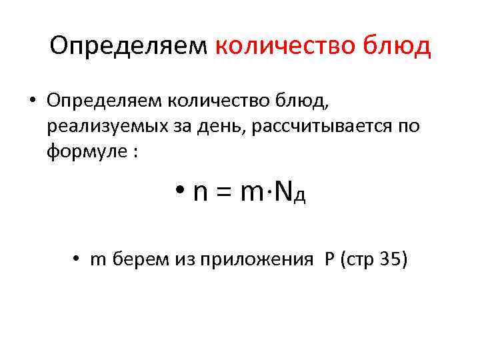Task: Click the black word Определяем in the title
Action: (x=129, y=47)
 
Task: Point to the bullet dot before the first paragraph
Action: (x=31, y=101)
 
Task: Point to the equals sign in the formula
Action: (x=224, y=193)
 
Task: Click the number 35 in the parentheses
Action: (x=389, y=259)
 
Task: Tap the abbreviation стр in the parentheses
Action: (x=359, y=261)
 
